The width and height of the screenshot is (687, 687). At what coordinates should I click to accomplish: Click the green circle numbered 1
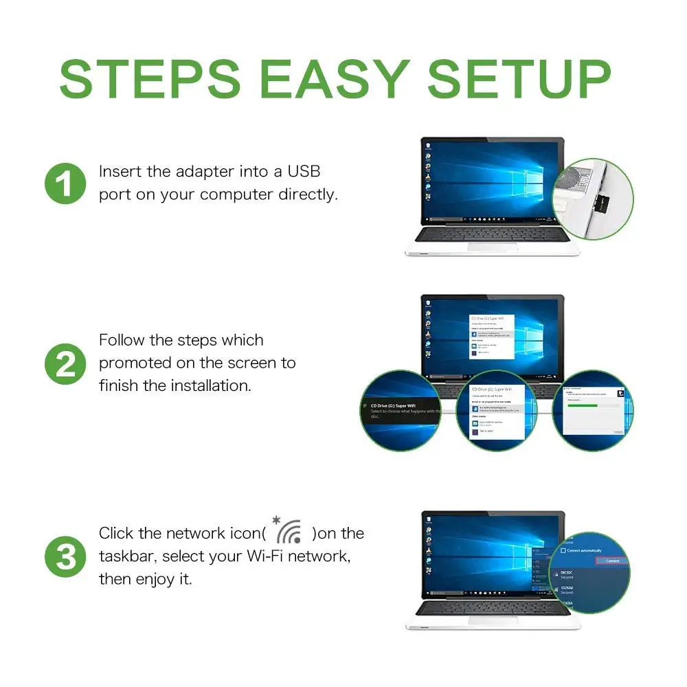[x=66, y=183]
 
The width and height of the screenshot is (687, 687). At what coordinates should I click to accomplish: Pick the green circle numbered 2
[x=66, y=363]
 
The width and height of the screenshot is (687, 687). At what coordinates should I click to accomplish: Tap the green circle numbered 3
[x=66, y=556]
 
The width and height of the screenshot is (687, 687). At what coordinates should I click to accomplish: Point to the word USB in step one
[x=304, y=171]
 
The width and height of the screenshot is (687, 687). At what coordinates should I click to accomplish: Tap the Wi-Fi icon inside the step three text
[x=289, y=530]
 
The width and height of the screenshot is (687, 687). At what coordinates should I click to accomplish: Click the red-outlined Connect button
[x=612, y=561]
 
